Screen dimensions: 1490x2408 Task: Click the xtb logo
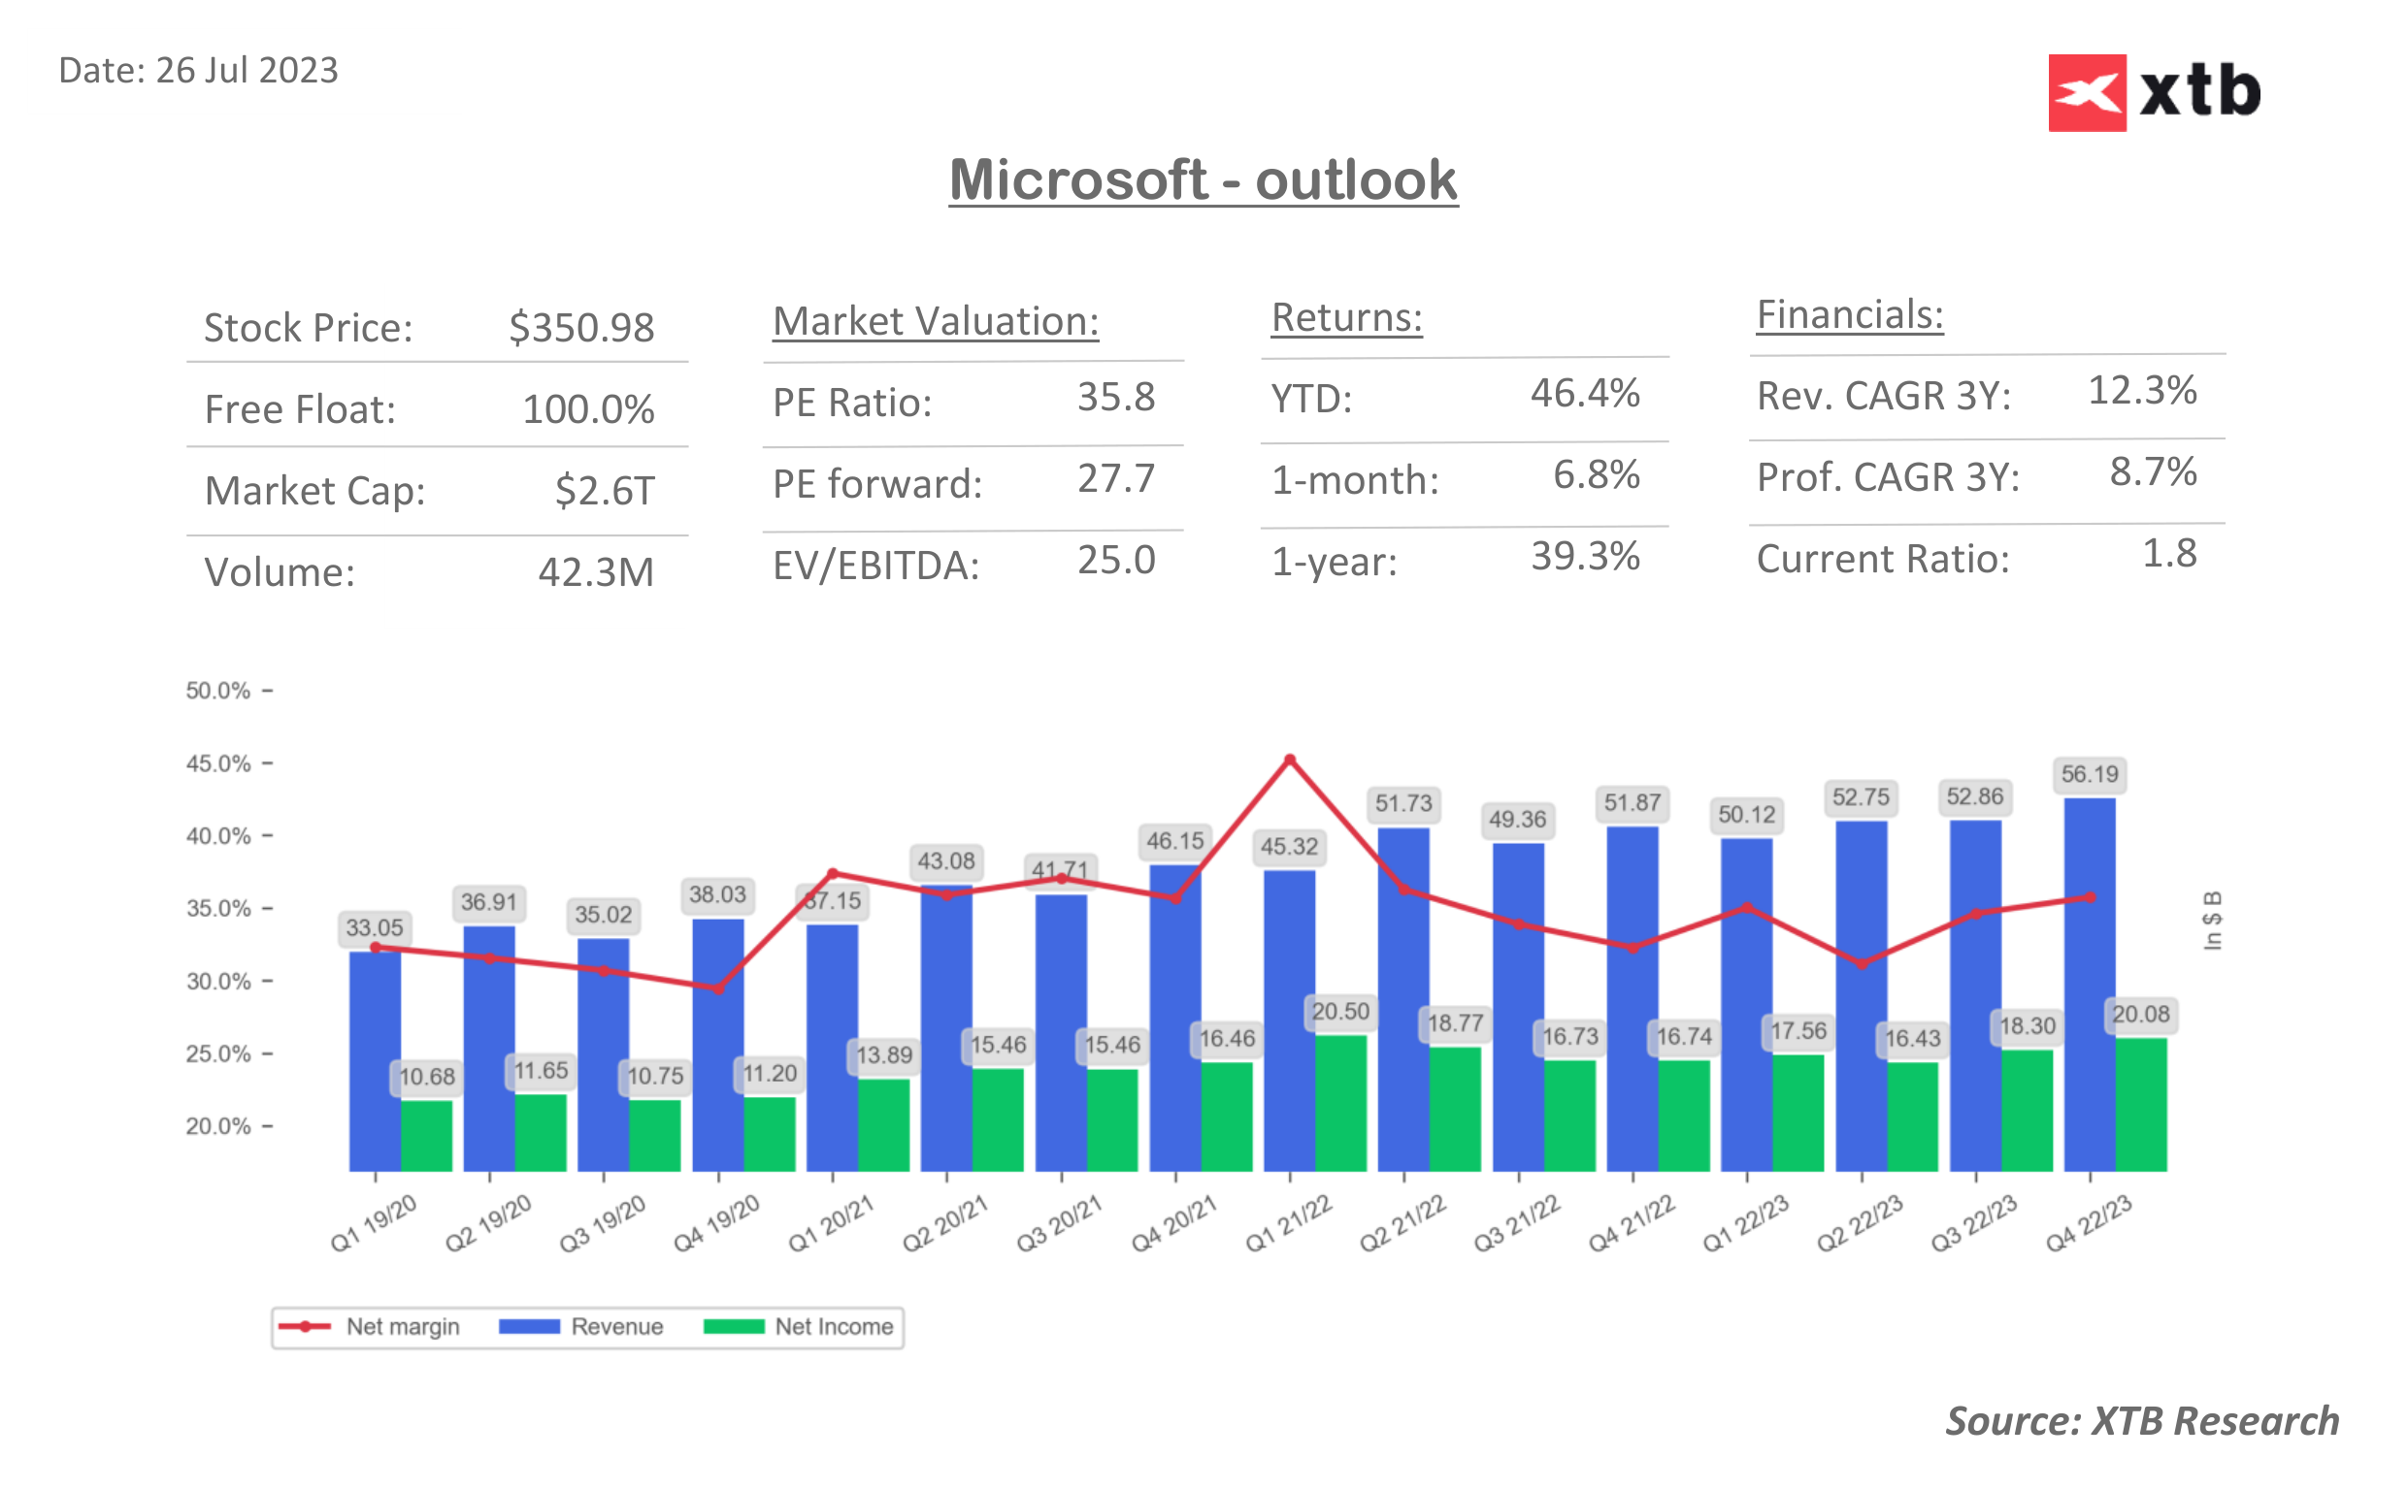(x=2153, y=92)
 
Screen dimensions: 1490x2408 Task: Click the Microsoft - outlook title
(x=1203, y=180)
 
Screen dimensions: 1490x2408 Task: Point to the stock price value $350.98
(x=580, y=328)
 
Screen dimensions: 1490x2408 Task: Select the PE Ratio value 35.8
(x=1115, y=397)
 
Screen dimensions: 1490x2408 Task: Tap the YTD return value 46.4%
(x=1584, y=393)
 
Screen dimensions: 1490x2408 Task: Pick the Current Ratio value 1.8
(x=2168, y=554)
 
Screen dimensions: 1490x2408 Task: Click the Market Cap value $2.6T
(x=604, y=491)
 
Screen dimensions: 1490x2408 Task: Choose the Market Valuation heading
(x=935, y=322)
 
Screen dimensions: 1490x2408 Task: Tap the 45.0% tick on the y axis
(x=217, y=763)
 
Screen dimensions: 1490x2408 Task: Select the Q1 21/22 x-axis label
(x=1287, y=1224)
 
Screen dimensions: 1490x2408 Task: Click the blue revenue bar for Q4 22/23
(x=2089, y=986)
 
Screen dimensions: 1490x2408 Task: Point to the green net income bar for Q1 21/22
(x=1340, y=1104)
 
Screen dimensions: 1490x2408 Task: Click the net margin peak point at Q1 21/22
(x=1289, y=760)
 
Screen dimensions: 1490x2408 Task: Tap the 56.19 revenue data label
(x=2089, y=774)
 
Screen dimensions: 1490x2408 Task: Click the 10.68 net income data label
(x=427, y=1077)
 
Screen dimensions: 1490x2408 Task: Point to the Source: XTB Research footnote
(x=2141, y=1421)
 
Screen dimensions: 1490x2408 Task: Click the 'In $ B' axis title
(x=2212, y=921)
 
